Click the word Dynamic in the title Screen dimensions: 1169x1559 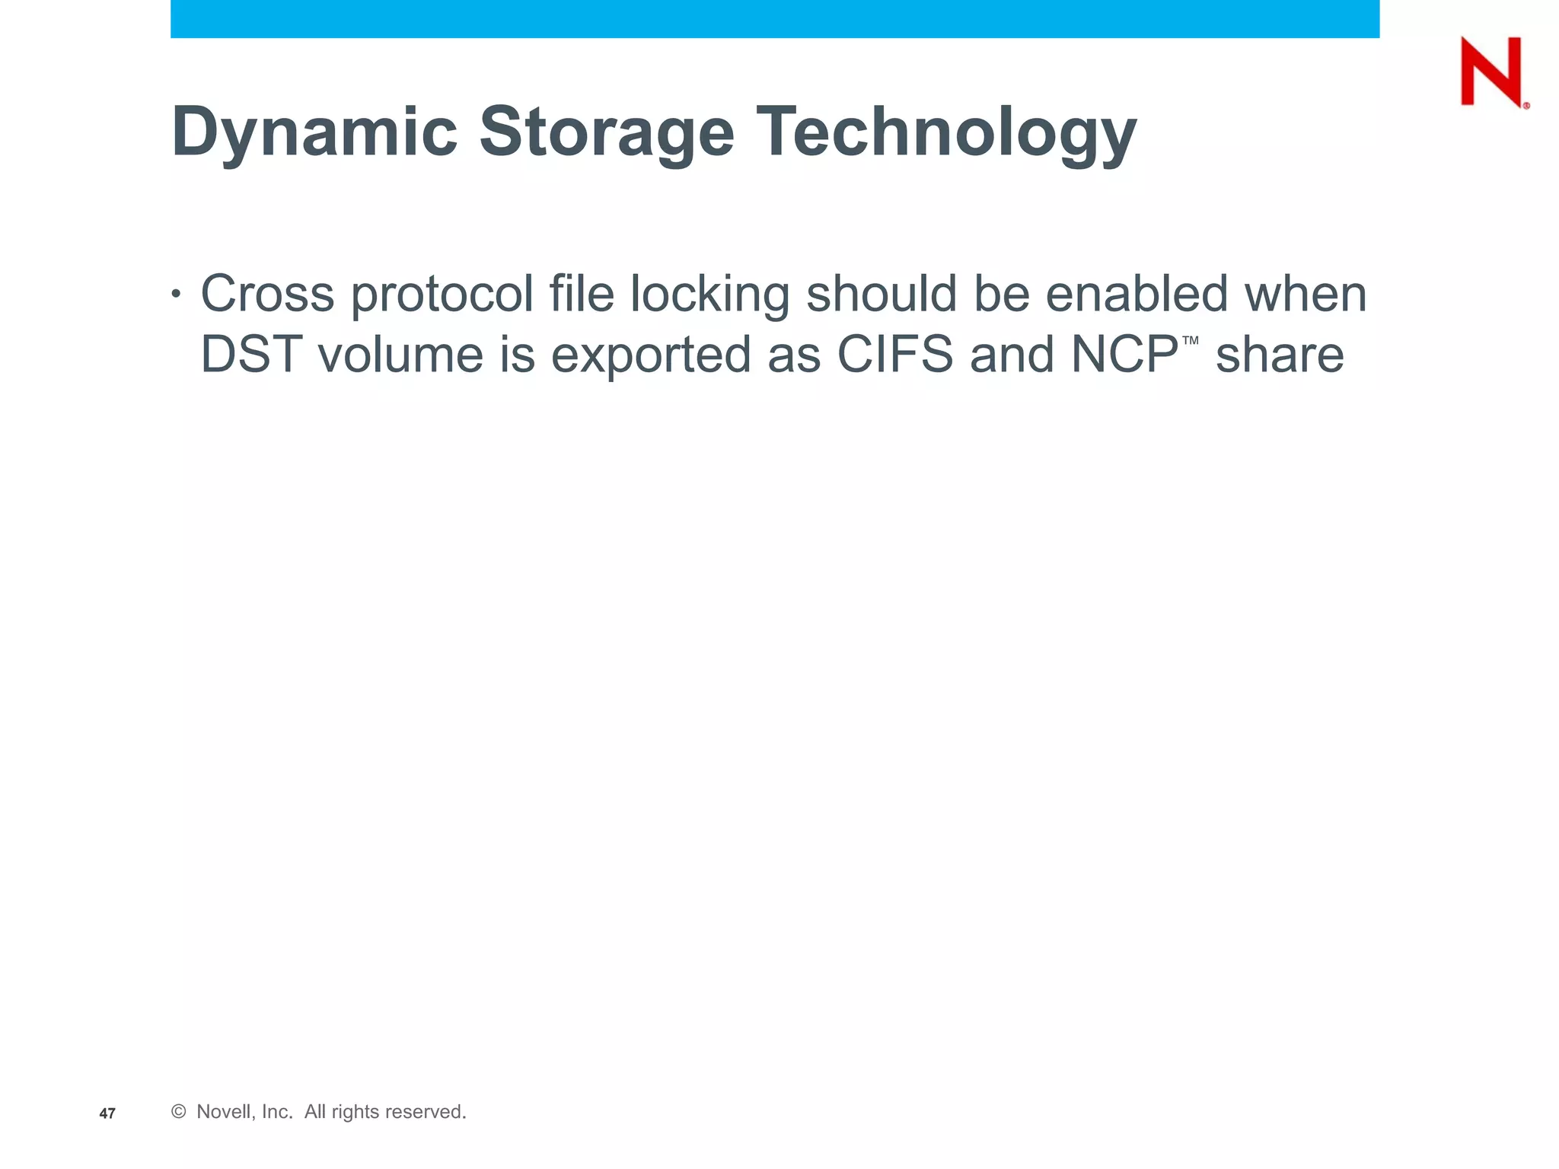pos(314,132)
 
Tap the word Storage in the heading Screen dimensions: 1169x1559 pos(606,132)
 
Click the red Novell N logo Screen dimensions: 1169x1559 pos(1492,72)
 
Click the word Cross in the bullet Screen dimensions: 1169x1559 pos(267,294)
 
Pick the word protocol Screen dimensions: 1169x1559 pos(442,294)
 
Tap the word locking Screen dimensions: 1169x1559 pos(709,294)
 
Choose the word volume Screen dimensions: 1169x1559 pos(400,355)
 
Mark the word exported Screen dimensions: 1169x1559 pos(651,355)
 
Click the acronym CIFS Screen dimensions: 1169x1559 pos(895,355)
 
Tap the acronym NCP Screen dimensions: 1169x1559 pos(1124,355)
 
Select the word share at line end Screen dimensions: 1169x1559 pos(1280,355)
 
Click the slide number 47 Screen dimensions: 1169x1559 pos(107,1113)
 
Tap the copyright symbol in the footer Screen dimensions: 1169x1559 pos(179,1112)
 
